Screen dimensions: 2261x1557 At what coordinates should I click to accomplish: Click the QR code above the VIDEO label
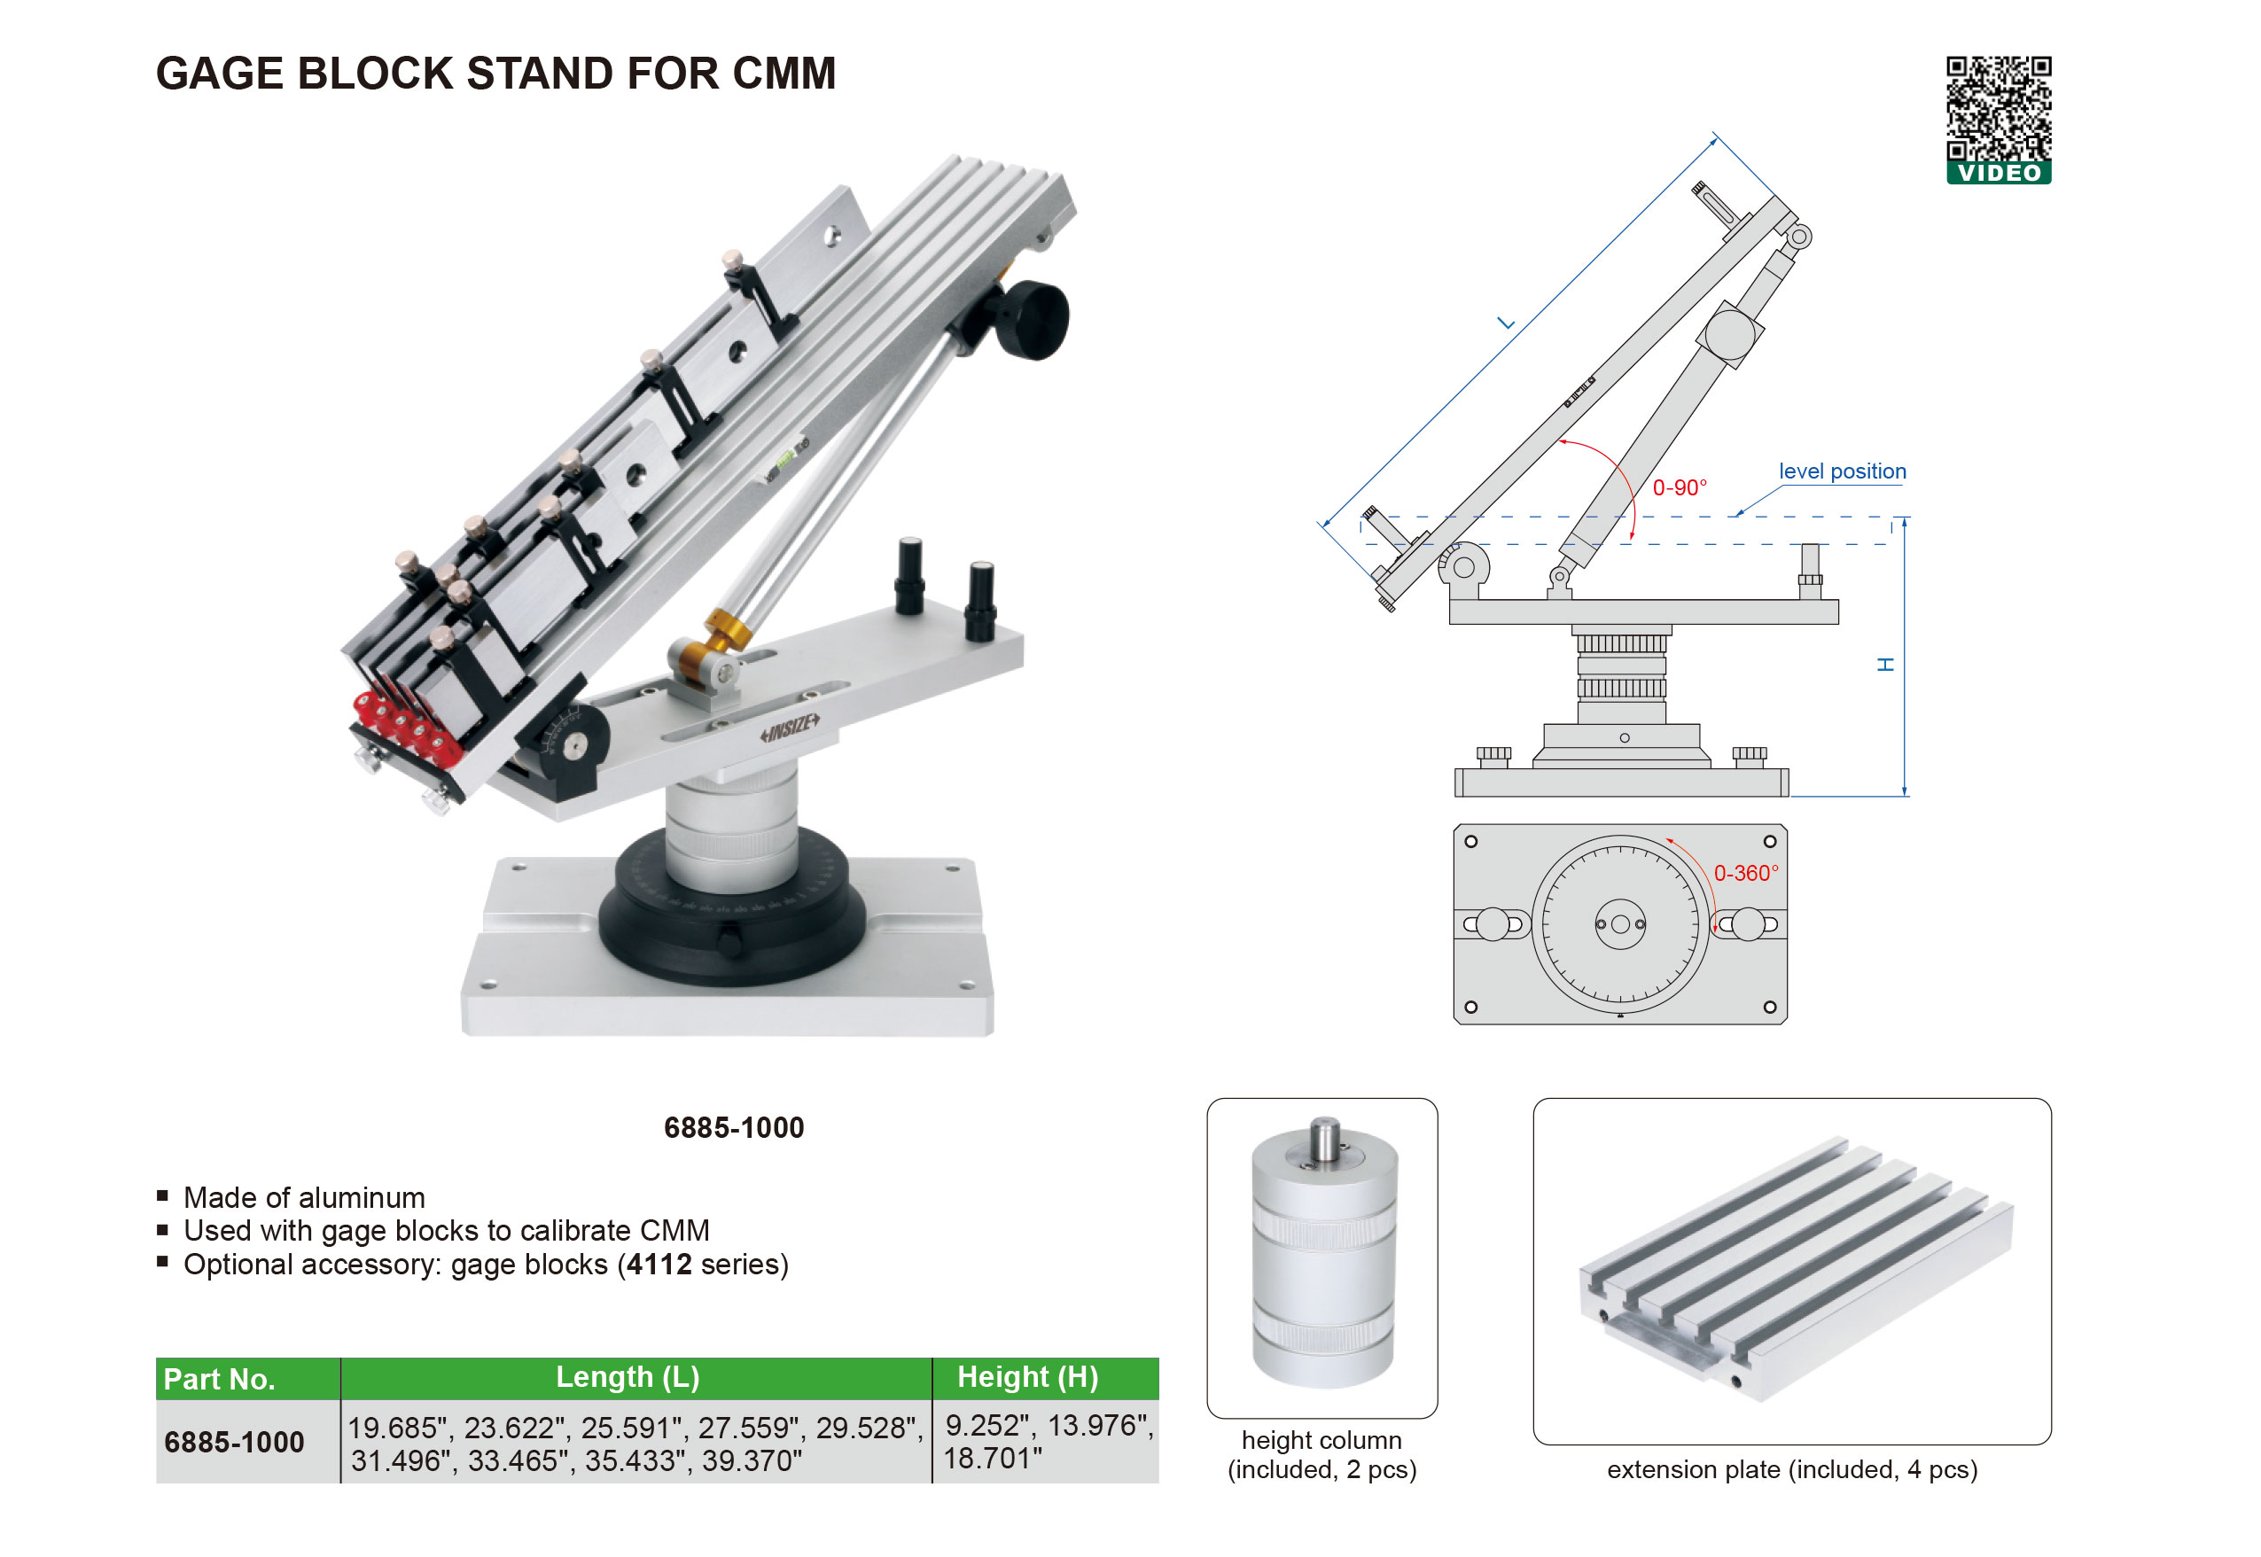click(1998, 108)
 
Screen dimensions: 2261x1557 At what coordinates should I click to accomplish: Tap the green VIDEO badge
click(1998, 173)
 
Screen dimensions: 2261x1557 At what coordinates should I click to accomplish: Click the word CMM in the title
click(784, 74)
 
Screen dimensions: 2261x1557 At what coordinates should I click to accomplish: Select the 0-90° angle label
click(1680, 487)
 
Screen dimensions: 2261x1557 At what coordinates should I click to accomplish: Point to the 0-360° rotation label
click(1746, 873)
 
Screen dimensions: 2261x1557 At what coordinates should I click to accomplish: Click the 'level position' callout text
click(1842, 471)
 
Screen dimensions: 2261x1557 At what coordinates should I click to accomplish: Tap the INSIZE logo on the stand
click(791, 727)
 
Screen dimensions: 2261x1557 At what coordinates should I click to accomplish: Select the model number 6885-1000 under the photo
click(734, 1128)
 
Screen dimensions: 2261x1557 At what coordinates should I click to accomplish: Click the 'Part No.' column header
click(220, 1379)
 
